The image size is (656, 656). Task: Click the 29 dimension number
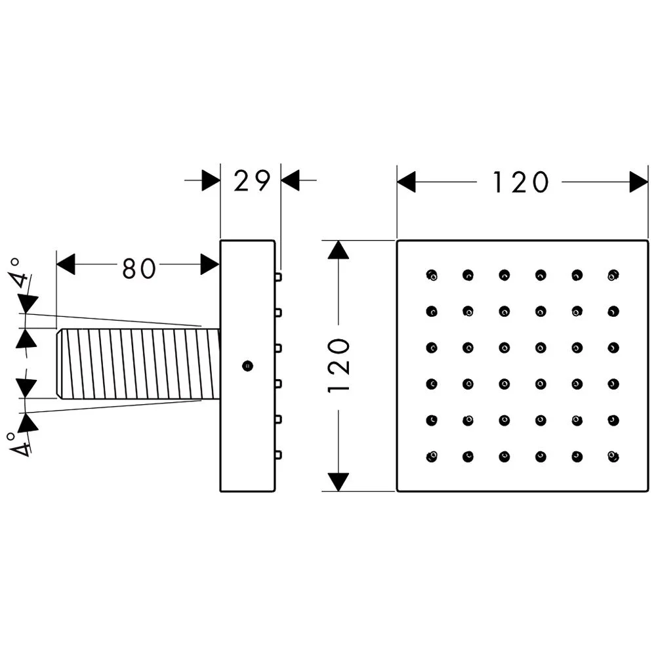[251, 181]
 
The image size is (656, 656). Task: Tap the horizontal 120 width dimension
[520, 182]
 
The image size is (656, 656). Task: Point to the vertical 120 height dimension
[338, 365]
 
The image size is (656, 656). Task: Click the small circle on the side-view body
[248, 366]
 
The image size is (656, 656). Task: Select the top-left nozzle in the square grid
[432, 276]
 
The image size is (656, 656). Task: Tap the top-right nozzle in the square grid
[613, 276]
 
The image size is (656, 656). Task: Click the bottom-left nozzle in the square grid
[432, 457]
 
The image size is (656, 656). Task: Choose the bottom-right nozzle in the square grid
[613, 457]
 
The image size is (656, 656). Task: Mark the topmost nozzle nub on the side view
[278, 277]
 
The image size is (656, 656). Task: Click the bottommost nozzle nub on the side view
[278, 455]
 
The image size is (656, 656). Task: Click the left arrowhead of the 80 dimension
[66, 264]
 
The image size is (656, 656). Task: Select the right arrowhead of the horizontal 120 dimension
[639, 182]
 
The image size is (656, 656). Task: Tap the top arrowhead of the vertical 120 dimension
[338, 250]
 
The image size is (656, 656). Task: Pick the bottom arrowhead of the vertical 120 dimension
[338, 482]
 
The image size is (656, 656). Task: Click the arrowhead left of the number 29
[211, 180]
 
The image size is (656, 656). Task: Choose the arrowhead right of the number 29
[291, 180]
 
